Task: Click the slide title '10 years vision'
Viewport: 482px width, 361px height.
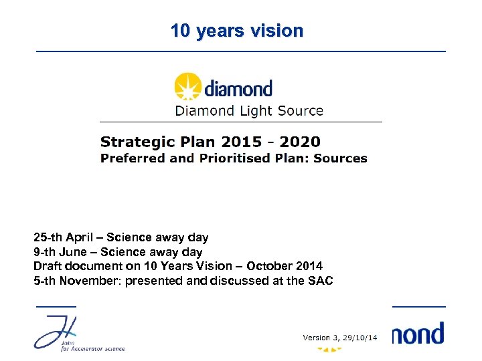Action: coord(236,31)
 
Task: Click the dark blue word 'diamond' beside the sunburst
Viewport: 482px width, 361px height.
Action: coord(238,89)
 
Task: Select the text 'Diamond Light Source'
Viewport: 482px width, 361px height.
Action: coord(249,111)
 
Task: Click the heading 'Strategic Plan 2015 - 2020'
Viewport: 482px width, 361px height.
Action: coord(210,142)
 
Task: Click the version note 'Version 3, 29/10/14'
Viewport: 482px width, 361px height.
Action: coord(341,338)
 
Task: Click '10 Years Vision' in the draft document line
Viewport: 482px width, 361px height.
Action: coord(196,266)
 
